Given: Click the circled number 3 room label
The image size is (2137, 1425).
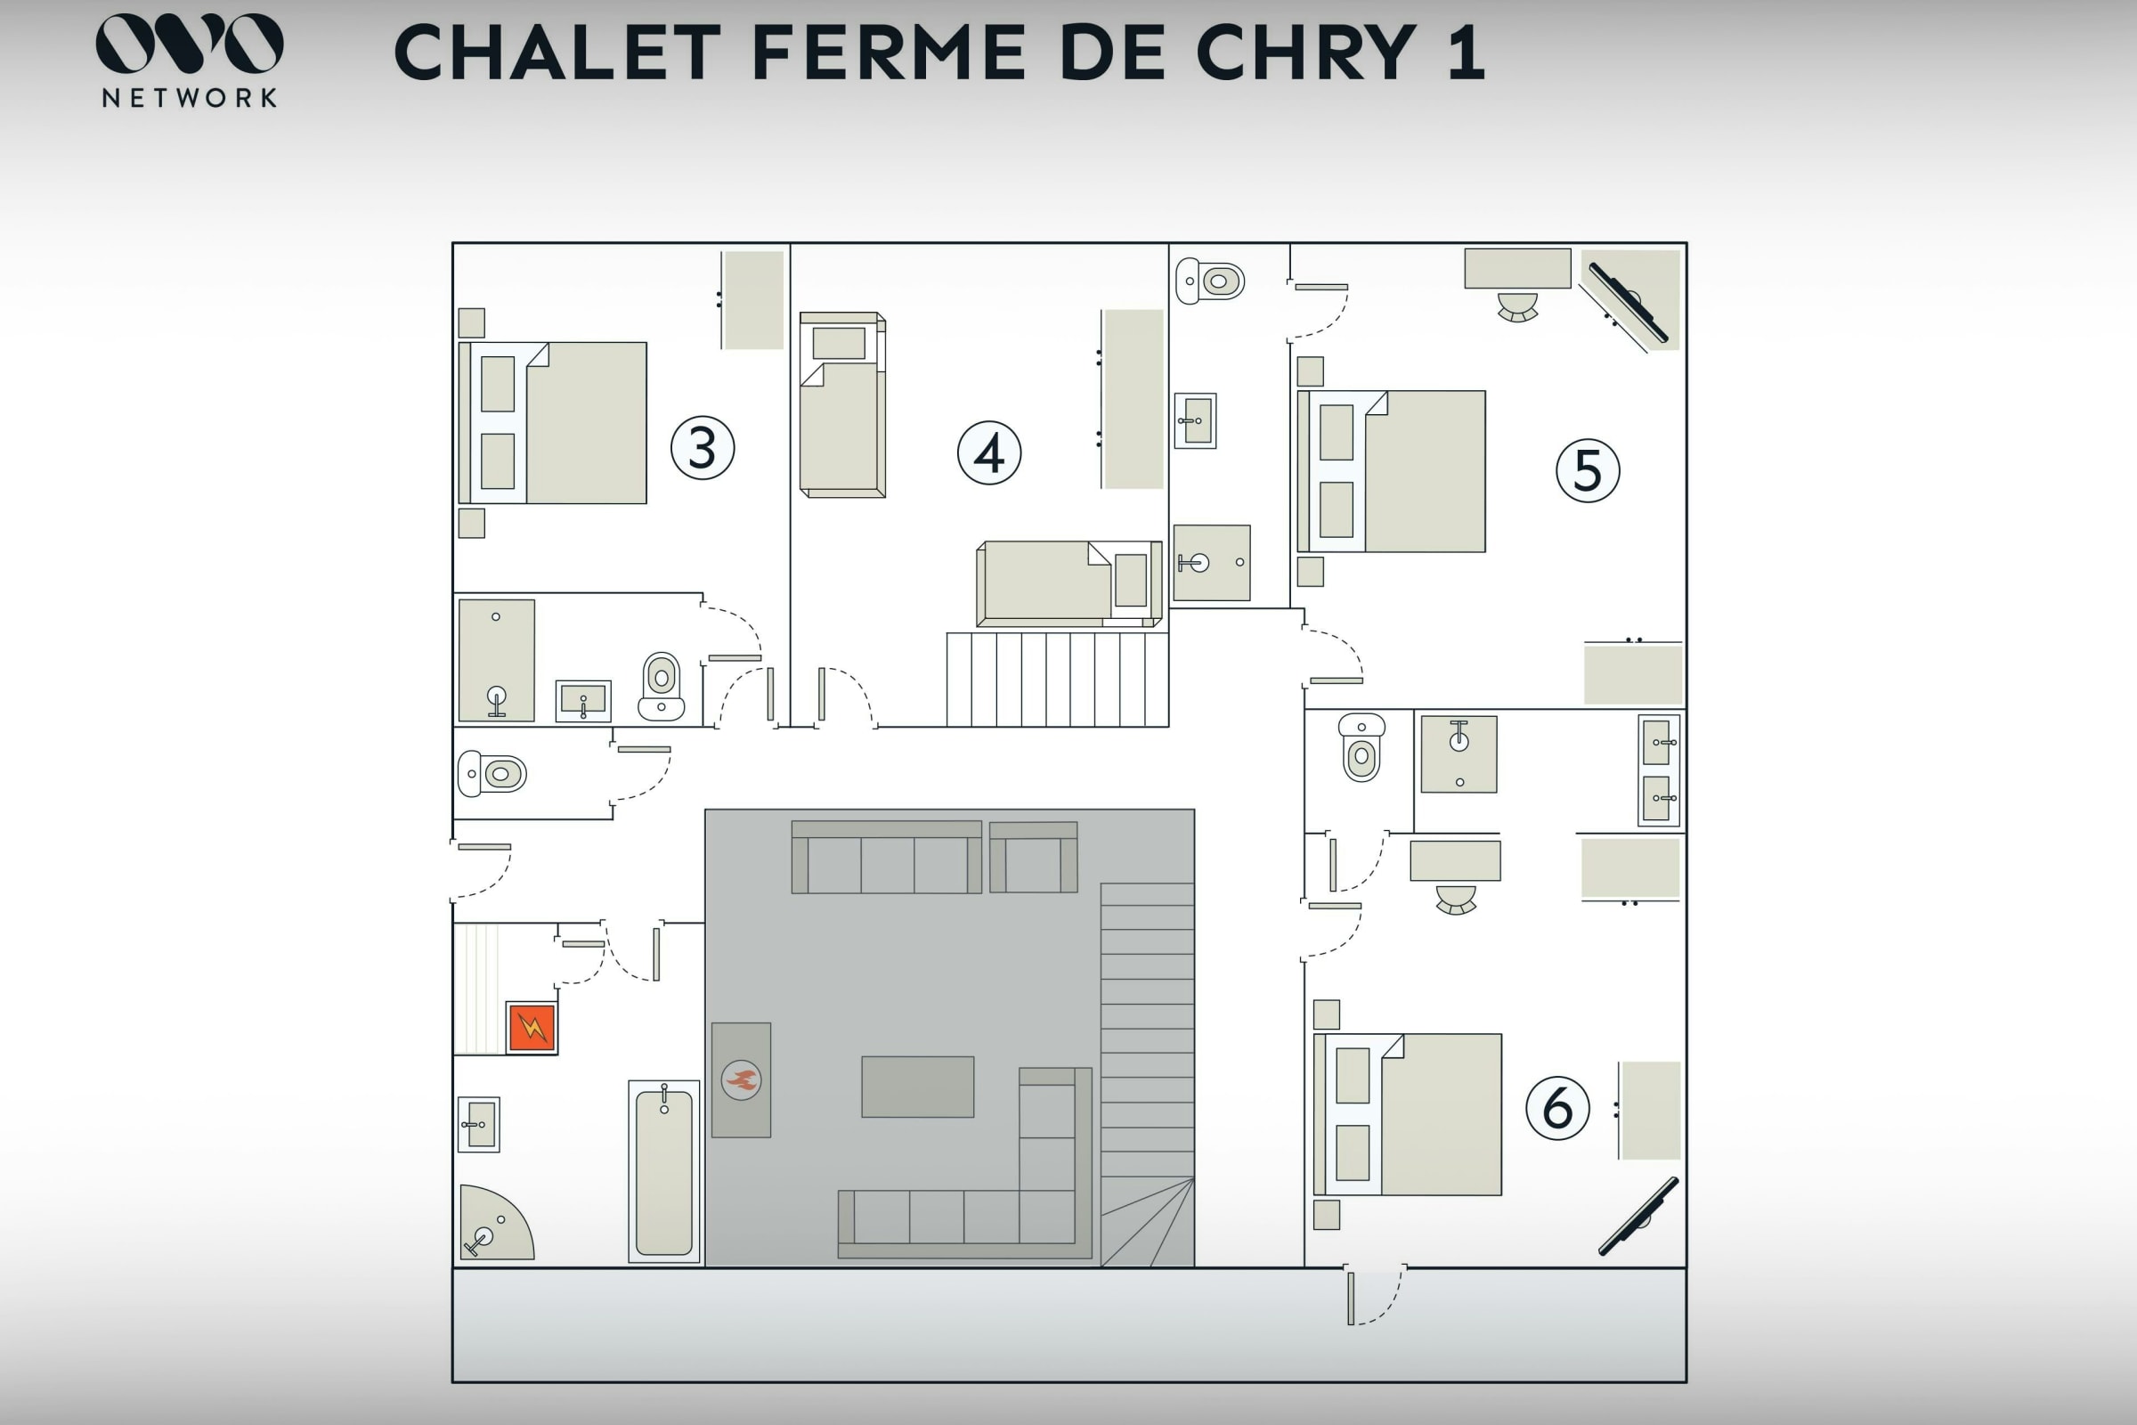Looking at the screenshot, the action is click(x=703, y=447).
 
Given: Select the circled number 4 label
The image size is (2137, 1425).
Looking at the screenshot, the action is click(x=989, y=452).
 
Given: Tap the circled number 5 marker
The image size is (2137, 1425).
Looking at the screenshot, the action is click(x=1588, y=471).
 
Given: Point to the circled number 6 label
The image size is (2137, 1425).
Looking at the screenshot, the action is click(x=1557, y=1108).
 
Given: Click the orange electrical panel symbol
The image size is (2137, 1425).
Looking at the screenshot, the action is click(x=532, y=1028).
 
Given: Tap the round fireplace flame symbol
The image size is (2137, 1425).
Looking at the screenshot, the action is click(x=742, y=1079).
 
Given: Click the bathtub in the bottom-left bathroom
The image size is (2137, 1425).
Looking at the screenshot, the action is click(x=664, y=1171).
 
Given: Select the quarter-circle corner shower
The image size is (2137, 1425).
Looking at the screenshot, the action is click(x=495, y=1222).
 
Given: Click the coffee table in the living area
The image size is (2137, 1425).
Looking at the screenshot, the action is click(x=918, y=1087).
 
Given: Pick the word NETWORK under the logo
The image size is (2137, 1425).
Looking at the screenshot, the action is click(x=189, y=98).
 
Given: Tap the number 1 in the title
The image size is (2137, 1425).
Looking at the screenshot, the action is click(x=1466, y=53).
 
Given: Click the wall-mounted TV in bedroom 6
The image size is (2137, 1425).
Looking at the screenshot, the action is click(x=1638, y=1217).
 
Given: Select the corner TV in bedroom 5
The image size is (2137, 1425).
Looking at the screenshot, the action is click(x=1629, y=303).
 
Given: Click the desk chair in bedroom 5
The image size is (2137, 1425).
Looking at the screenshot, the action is click(x=1517, y=307).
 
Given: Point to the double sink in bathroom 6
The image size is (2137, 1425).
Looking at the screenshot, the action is click(x=1658, y=769).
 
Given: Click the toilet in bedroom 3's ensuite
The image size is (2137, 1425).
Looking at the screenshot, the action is click(x=662, y=686).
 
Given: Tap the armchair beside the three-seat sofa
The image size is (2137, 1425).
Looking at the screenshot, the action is click(x=1033, y=857).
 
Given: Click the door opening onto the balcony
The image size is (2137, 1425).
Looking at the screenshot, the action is click(x=1375, y=1295).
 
